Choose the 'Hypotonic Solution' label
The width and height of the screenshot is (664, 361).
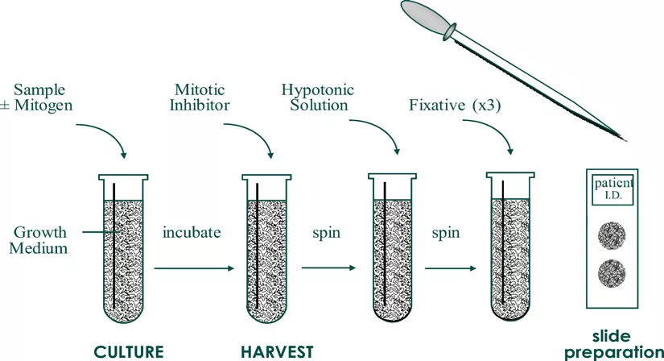pyautogui.click(x=316, y=97)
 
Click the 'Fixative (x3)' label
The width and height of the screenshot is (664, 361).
pyautogui.click(x=455, y=105)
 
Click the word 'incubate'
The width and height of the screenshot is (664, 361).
pyautogui.click(x=192, y=233)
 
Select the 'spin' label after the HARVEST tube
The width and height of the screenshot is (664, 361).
pyautogui.click(x=327, y=233)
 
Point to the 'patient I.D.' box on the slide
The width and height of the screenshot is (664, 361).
pyautogui.click(x=614, y=189)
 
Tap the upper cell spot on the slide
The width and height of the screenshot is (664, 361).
pyautogui.click(x=614, y=236)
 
